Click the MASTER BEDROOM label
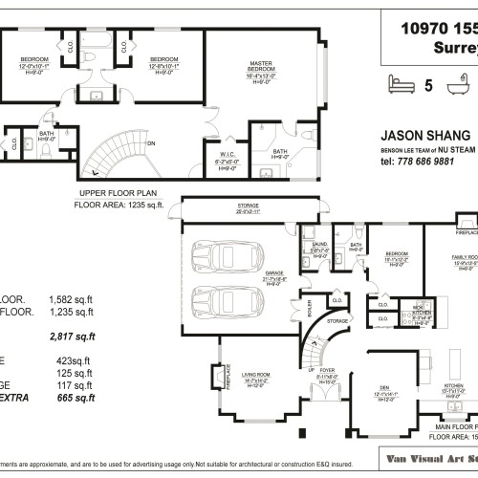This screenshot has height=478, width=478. [x=261, y=67]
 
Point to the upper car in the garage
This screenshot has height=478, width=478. [x=222, y=259]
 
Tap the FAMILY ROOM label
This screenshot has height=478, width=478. [x=466, y=258]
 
